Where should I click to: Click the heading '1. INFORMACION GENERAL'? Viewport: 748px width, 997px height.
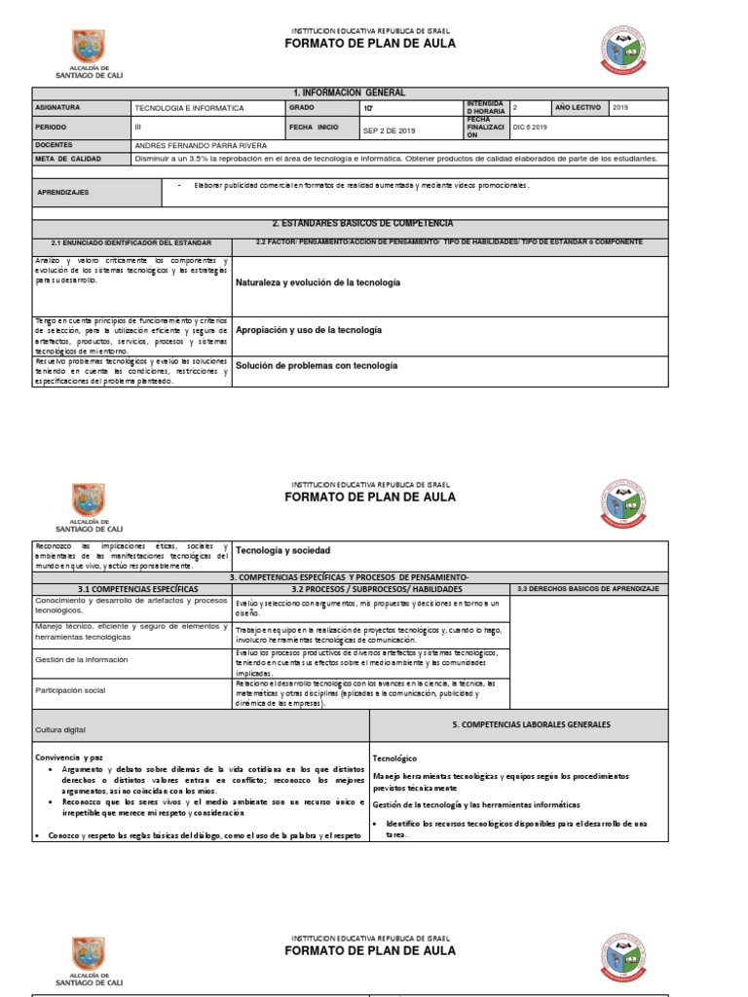click(x=349, y=92)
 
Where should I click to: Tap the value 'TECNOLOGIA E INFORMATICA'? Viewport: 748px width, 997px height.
click(x=189, y=108)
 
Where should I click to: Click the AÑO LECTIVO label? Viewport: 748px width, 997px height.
click(x=580, y=107)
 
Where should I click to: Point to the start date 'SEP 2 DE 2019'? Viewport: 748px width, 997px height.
click(x=389, y=129)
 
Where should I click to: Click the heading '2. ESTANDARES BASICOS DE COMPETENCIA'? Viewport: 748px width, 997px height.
click(x=349, y=224)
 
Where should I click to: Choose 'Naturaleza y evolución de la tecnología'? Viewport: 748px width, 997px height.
click(x=318, y=282)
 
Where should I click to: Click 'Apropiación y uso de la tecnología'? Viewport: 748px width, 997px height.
click(x=309, y=331)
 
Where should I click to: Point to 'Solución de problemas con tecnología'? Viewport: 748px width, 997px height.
click(x=317, y=366)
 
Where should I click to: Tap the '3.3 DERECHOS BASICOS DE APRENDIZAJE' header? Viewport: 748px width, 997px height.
click(x=587, y=590)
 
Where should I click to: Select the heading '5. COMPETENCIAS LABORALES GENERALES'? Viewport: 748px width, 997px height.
click(x=531, y=725)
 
